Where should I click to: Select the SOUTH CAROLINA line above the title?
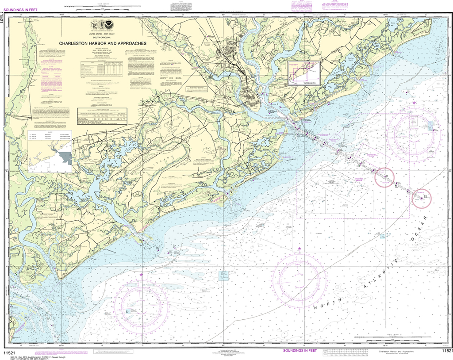104,37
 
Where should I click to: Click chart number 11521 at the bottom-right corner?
447,351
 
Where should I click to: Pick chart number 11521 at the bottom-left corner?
9,352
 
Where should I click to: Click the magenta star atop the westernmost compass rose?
142,275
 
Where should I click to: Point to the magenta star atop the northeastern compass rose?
414,103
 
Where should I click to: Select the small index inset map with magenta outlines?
304,73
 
